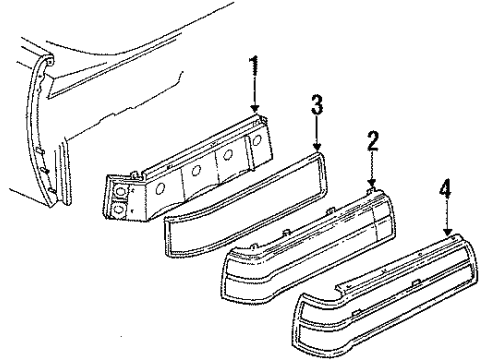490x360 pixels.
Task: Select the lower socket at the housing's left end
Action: click(119, 209)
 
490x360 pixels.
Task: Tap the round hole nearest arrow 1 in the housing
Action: click(258, 143)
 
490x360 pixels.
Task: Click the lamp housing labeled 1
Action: click(190, 175)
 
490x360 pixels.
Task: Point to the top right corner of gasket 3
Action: click(325, 154)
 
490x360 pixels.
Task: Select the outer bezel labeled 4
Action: click(380, 285)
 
